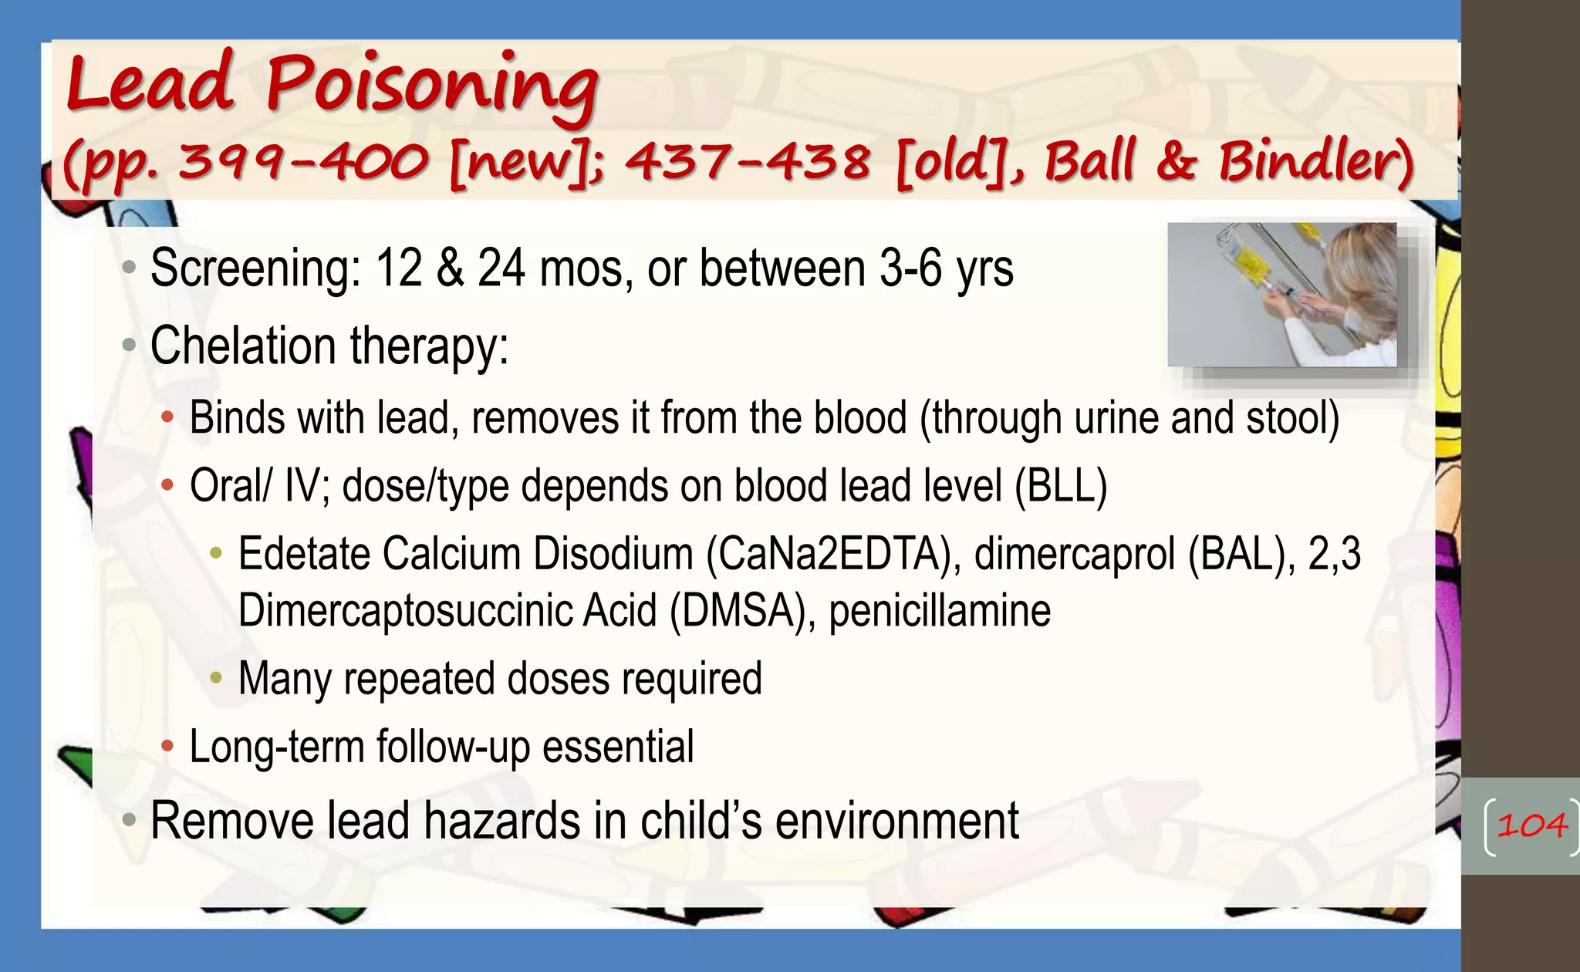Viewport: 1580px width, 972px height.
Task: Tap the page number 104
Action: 1531,826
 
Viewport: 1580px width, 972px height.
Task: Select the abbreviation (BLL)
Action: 1061,486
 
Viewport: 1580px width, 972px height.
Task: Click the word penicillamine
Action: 940,611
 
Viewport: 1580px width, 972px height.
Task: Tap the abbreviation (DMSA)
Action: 743,611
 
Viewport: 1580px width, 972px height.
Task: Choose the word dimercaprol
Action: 1075,554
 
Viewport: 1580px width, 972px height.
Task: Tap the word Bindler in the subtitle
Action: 1315,163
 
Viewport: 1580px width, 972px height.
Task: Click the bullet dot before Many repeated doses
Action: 217,679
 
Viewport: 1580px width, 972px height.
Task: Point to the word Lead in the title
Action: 150,83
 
